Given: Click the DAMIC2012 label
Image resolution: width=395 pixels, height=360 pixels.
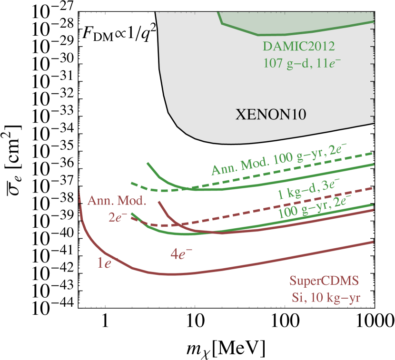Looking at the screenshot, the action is [298, 46].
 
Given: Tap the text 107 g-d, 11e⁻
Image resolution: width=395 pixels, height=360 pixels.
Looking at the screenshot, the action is [298, 62].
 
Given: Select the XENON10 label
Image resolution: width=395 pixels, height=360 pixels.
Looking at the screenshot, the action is [270, 114].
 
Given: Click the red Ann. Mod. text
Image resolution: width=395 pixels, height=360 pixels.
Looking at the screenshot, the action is [116, 200].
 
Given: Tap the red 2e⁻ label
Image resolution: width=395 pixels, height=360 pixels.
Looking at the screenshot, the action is [118, 217].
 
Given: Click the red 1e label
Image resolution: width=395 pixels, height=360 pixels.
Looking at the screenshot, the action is [104, 263].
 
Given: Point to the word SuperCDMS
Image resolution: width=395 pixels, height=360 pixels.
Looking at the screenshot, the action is [324, 281].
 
